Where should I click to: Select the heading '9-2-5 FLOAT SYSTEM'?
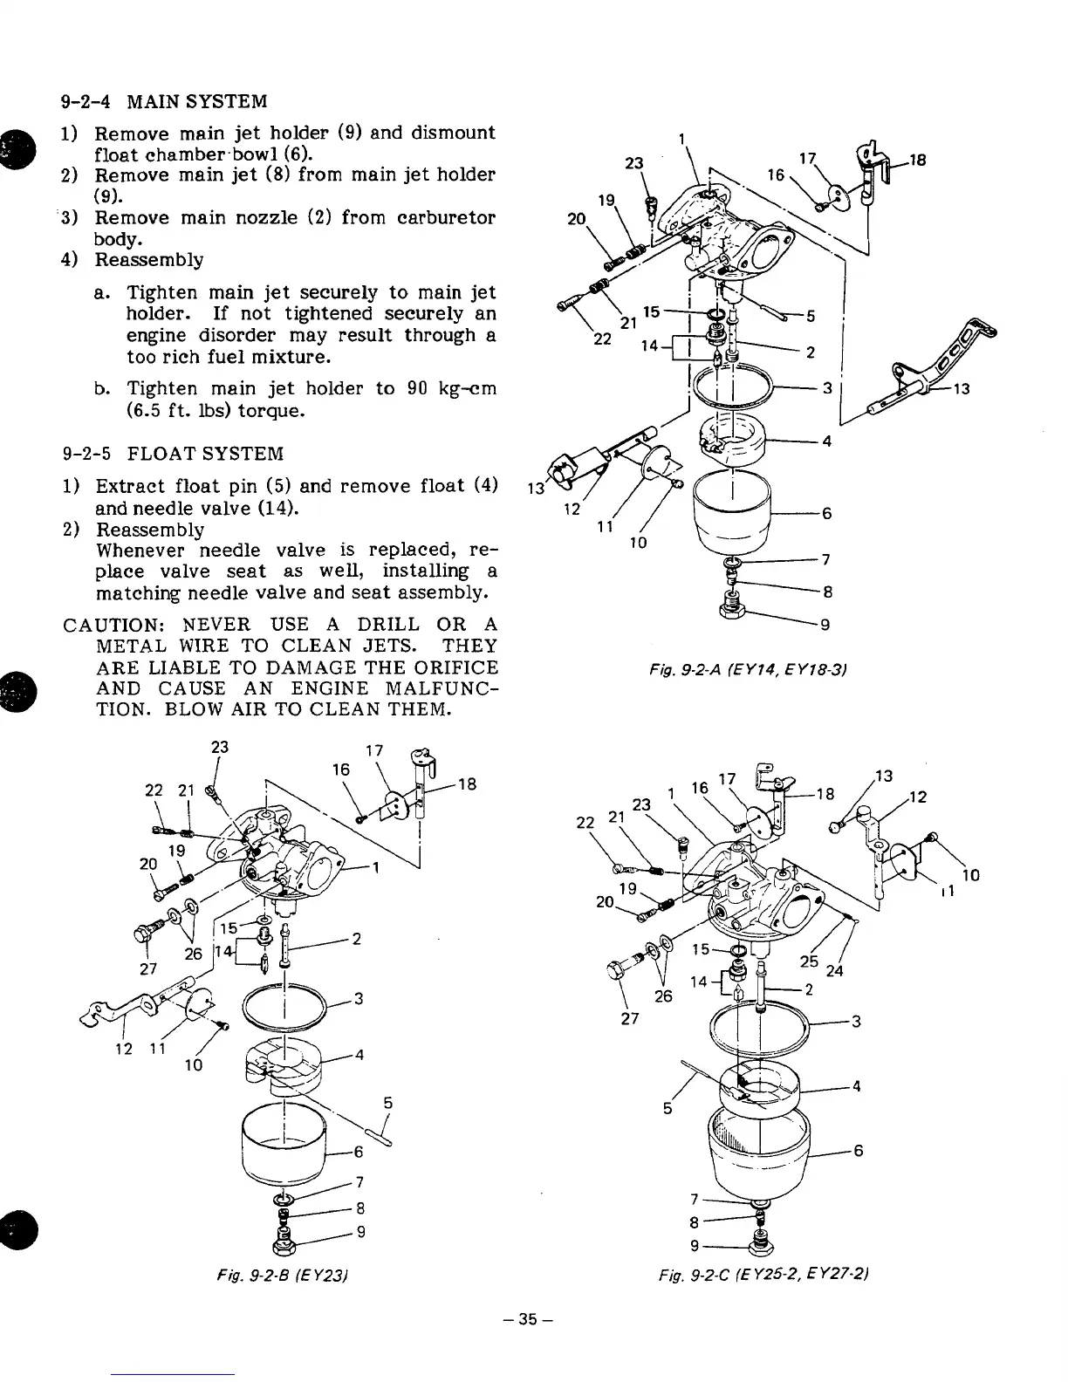(x=174, y=454)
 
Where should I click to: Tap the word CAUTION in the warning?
(x=110, y=625)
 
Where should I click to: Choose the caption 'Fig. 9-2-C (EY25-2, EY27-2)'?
(x=764, y=1276)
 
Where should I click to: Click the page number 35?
(x=532, y=1320)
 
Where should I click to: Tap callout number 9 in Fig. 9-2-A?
(x=825, y=625)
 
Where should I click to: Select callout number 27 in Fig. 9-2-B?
(x=148, y=968)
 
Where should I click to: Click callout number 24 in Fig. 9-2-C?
(x=835, y=970)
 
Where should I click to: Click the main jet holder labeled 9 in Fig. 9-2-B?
(x=284, y=1238)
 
